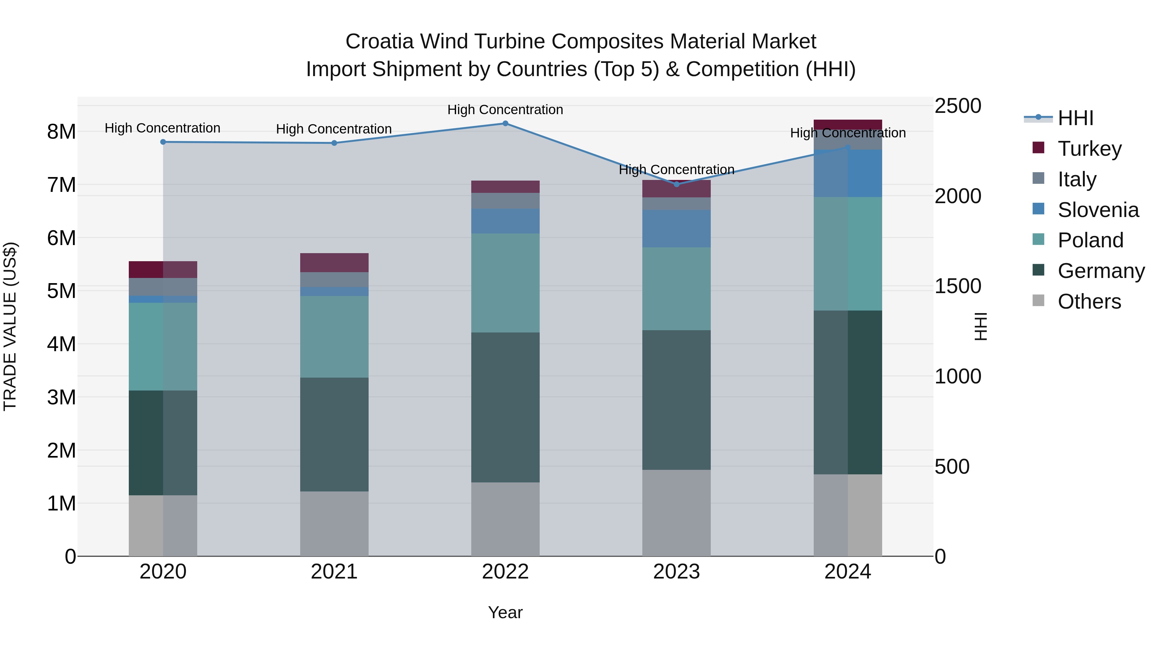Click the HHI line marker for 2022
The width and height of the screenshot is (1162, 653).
(x=505, y=123)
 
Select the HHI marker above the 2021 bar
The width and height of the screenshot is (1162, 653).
(x=334, y=143)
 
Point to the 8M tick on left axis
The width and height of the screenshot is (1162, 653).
(x=61, y=132)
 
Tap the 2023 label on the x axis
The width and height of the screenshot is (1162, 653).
(x=676, y=571)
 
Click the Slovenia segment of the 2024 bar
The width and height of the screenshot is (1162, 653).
(x=848, y=173)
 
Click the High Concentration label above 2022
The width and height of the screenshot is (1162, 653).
(x=505, y=110)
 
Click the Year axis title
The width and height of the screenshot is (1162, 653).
(x=505, y=612)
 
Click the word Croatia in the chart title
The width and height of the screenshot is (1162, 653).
(x=379, y=42)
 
